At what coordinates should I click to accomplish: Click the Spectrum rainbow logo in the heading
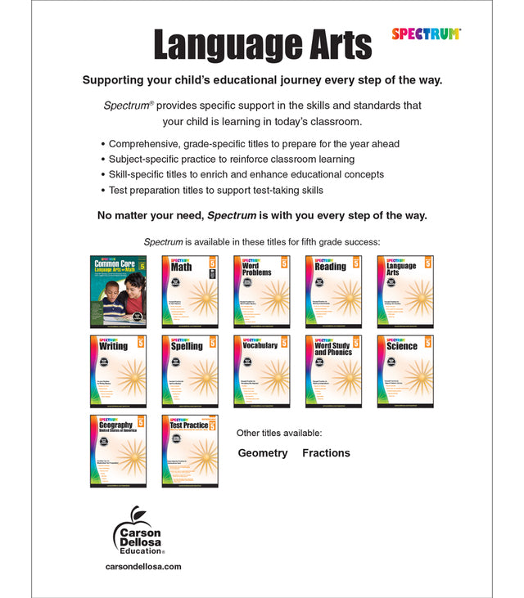click(426, 34)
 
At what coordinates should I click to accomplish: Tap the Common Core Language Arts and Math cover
click(119, 292)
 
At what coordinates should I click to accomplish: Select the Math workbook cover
click(190, 292)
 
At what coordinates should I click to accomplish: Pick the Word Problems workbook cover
click(262, 292)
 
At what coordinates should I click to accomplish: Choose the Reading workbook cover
click(333, 292)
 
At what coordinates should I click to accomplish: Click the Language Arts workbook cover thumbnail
click(405, 292)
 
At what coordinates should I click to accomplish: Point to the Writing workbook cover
click(119, 371)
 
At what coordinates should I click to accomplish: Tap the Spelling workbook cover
click(190, 371)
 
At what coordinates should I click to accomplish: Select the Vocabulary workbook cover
click(262, 371)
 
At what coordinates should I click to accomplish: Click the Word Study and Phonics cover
click(333, 371)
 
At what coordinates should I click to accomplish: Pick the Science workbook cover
click(405, 371)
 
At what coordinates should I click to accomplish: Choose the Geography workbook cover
click(119, 451)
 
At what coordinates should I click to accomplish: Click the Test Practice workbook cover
click(190, 451)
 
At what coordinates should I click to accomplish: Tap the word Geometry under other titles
click(263, 453)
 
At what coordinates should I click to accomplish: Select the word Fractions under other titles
click(326, 453)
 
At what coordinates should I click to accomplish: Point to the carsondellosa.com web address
click(143, 566)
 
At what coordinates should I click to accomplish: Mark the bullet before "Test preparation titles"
click(102, 191)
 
